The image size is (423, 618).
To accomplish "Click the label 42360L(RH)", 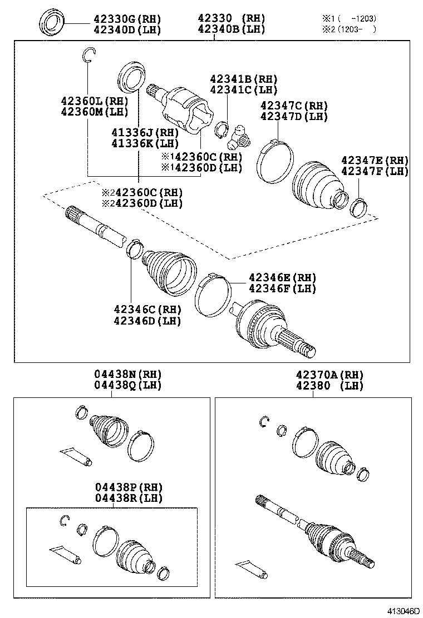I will [x=95, y=101].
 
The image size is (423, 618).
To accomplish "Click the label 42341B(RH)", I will [x=243, y=79].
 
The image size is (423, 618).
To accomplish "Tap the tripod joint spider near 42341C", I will [x=240, y=133].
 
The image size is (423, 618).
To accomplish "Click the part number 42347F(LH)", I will [x=375, y=171].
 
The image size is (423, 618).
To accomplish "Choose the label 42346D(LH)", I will [x=147, y=321].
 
